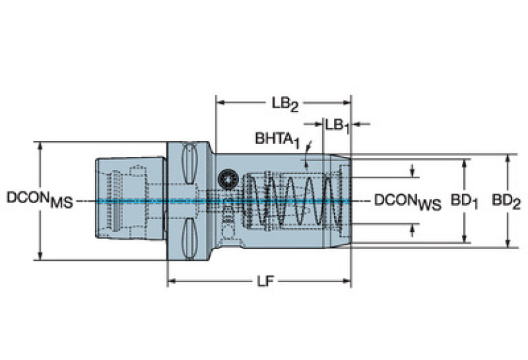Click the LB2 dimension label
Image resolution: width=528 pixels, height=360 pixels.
[x=283, y=104]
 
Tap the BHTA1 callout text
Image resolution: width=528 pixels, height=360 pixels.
[x=277, y=138]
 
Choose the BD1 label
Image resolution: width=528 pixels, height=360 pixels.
[x=465, y=201]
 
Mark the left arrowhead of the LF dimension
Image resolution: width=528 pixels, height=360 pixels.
[x=172, y=281]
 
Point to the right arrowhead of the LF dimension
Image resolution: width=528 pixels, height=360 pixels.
[x=348, y=281]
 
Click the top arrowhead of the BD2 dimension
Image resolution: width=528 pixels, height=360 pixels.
[x=508, y=158]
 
